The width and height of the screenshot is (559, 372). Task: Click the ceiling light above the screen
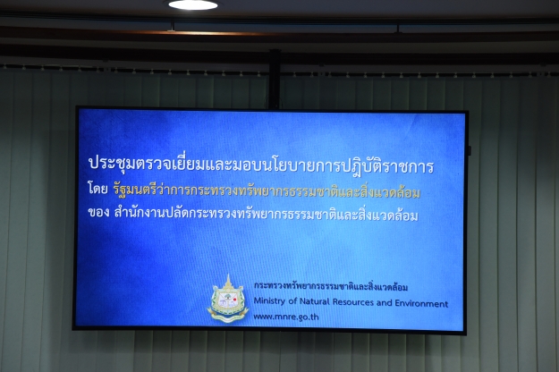pyautogui.click(x=193, y=4)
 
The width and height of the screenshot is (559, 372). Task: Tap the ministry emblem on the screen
pyautogui.click(x=228, y=299)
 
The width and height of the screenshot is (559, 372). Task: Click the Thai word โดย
pyautogui.click(x=97, y=189)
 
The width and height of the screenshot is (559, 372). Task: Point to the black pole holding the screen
pyautogui.click(x=275, y=79)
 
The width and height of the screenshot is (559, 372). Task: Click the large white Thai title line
pyautogui.click(x=260, y=165)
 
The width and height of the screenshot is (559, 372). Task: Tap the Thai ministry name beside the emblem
pyautogui.click(x=331, y=286)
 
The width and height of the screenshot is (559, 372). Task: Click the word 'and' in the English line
pyautogui.click(x=384, y=303)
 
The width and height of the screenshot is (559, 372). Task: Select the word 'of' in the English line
pyautogui.click(x=292, y=301)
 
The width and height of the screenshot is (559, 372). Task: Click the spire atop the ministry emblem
pyautogui.click(x=228, y=280)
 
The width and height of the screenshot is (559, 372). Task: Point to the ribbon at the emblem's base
pyautogui.click(x=228, y=316)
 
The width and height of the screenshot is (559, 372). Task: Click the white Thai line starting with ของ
pyautogui.click(x=253, y=214)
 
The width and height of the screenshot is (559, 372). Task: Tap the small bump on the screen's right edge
pyautogui.click(x=470, y=150)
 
